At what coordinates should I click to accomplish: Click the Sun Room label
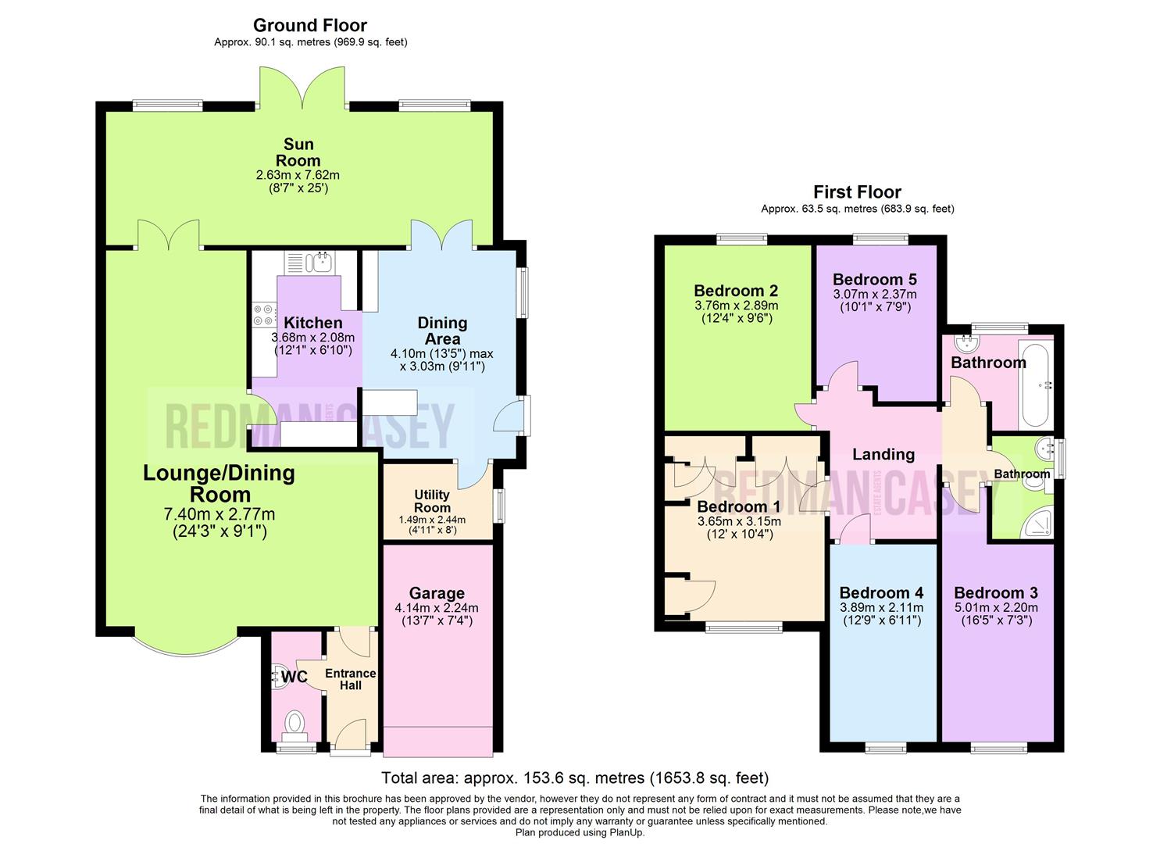[x=298, y=152]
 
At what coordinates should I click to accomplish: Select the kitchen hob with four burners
[x=264, y=314]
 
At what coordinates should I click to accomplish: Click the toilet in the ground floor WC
[x=295, y=723]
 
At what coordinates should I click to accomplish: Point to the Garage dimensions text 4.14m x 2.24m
[x=437, y=607]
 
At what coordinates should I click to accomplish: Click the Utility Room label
[x=431, y=501]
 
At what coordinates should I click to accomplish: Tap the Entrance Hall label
[x=350, y=679]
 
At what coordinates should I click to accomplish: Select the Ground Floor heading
[x=310, y=25]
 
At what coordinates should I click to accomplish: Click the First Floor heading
[x=857, y=191]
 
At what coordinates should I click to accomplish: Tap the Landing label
[x=883, y=454]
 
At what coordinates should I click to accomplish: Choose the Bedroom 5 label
[x=874, y=279]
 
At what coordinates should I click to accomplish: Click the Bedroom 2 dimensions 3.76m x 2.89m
[x=736, y=306]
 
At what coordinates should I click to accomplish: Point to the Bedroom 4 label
[x=881, y=593]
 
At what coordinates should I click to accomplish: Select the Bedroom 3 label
[x=995, y=593]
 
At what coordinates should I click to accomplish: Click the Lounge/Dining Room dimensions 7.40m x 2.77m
[x=219, y=513]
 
